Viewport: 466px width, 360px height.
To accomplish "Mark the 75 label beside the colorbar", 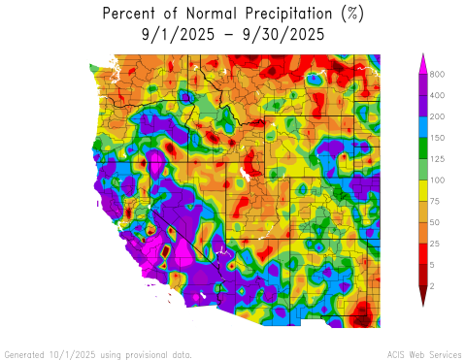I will point(437,202).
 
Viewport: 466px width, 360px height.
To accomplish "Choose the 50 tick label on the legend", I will point(437,223).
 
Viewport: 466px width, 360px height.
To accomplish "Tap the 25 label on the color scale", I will point(437,244).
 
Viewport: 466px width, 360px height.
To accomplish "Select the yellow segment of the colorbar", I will point(422,191).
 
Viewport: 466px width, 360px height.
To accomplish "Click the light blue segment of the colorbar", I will point(422,127).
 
